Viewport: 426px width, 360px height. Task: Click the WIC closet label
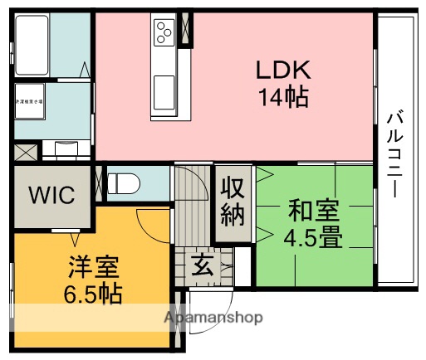click(x=51, y=197)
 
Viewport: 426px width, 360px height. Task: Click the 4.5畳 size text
click(x=313, y=238)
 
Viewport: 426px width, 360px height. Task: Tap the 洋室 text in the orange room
click(x=93, y=267)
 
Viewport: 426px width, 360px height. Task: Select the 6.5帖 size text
click(x=93, y=294)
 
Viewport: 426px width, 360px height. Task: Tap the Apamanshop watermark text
click(x=213, y=318)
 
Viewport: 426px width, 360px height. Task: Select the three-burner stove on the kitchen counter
click(x=163, y=32)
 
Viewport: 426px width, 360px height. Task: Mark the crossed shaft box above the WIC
click(x=25, y=153)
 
